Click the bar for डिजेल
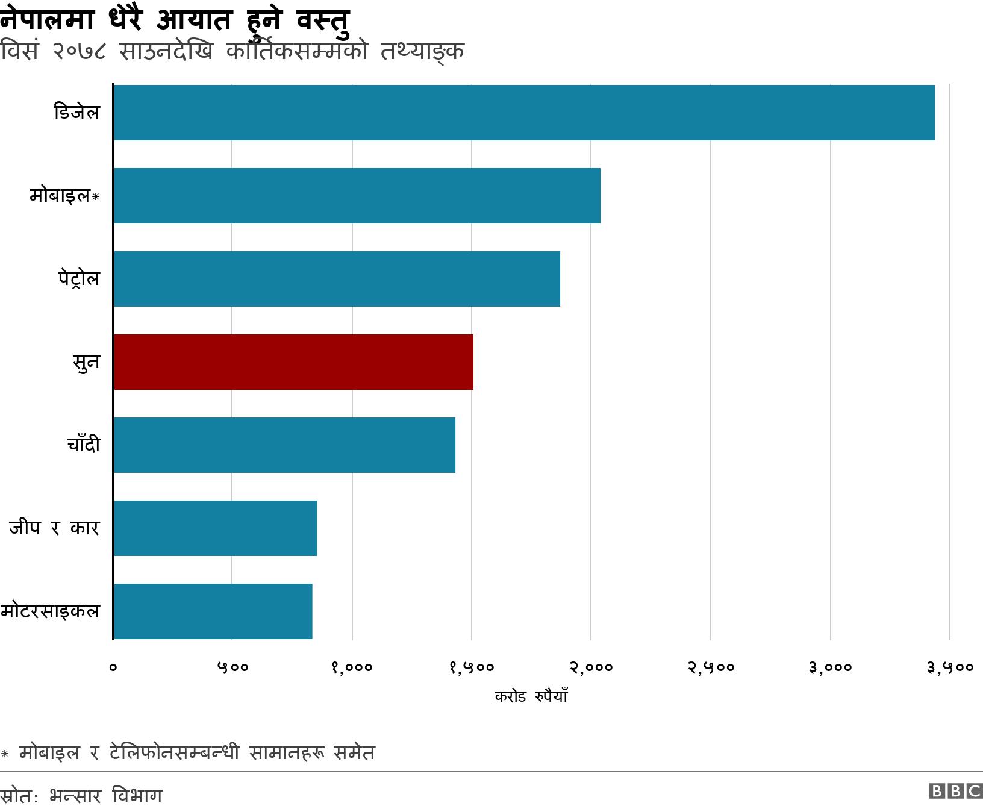coord(524,113)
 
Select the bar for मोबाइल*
coord(357,196)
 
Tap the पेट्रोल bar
coord(337,279)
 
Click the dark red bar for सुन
coord(293,362)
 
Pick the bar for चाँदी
coord(284,445)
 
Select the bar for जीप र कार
coord(215,528)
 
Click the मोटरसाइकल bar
coord(213,611)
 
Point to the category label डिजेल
coord(76,113)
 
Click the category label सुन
coord(86,363)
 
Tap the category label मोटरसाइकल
coord(50,611)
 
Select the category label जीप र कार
coord(54,528)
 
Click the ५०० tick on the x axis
coord(232,667)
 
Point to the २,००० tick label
coord(591,667)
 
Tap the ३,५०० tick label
coord(950,667)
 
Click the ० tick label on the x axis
coord(113,667)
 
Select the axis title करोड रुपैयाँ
coord(531,696)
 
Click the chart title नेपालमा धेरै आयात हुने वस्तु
coord(175,19)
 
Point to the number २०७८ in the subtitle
coord(79,51)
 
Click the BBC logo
coord(955,791)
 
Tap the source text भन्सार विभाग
coord(106,796)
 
